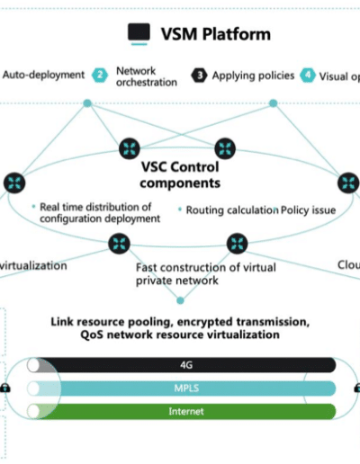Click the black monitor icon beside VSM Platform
139,33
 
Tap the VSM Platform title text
216,34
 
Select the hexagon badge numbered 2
100,75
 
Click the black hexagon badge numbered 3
199,76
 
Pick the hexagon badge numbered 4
308,76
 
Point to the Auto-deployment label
43,75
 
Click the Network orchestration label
147,76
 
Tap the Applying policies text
253,76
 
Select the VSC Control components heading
180,174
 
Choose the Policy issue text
308,210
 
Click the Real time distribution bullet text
100,212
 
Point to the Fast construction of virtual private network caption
206,274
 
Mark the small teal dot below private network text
180,300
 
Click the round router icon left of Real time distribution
14,183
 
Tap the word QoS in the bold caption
92,335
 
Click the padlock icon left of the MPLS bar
4,388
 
